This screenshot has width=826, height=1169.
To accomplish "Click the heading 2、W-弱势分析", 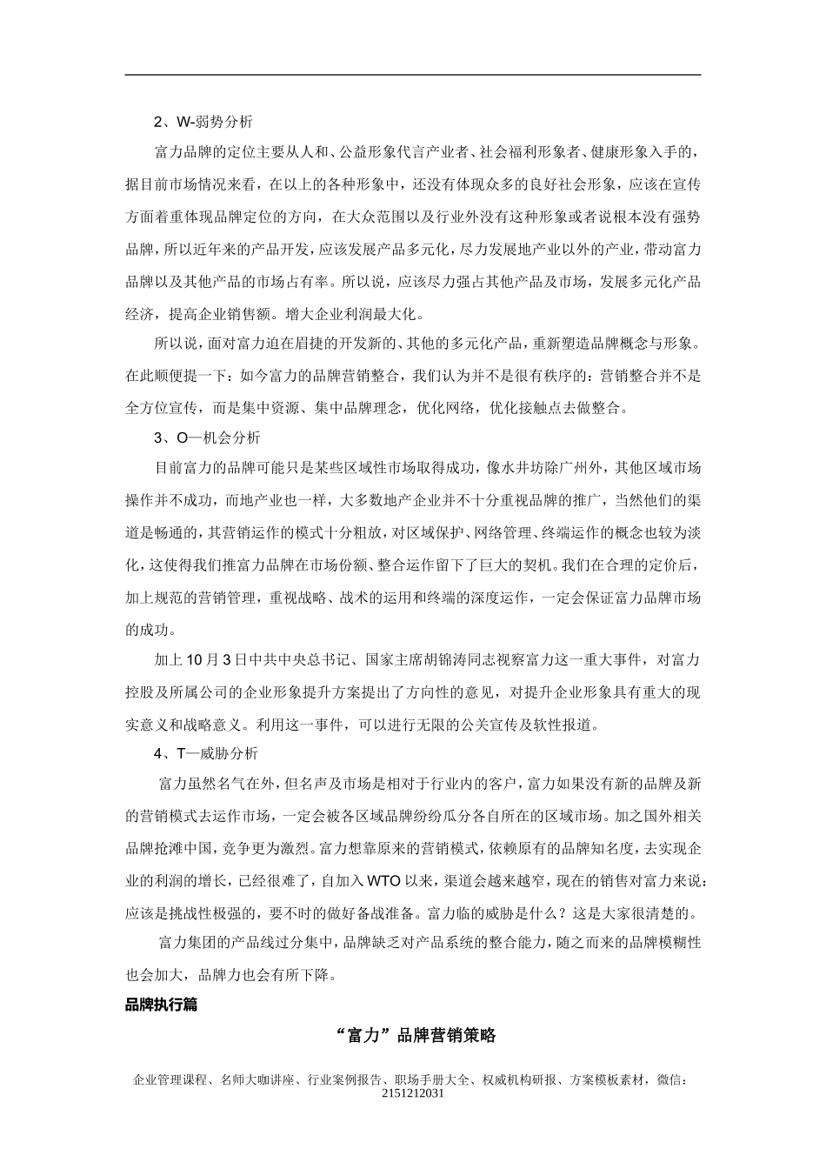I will (203, 122).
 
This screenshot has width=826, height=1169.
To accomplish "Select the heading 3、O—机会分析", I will (206, 437).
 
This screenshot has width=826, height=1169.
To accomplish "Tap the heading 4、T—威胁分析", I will (205, 752).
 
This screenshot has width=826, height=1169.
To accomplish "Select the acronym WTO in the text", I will (384, 880).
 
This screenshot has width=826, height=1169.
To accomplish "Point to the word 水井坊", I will (534, 468).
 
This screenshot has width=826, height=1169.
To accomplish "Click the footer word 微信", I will (670, 1080).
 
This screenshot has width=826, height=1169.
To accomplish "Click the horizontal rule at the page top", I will (412, 75).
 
